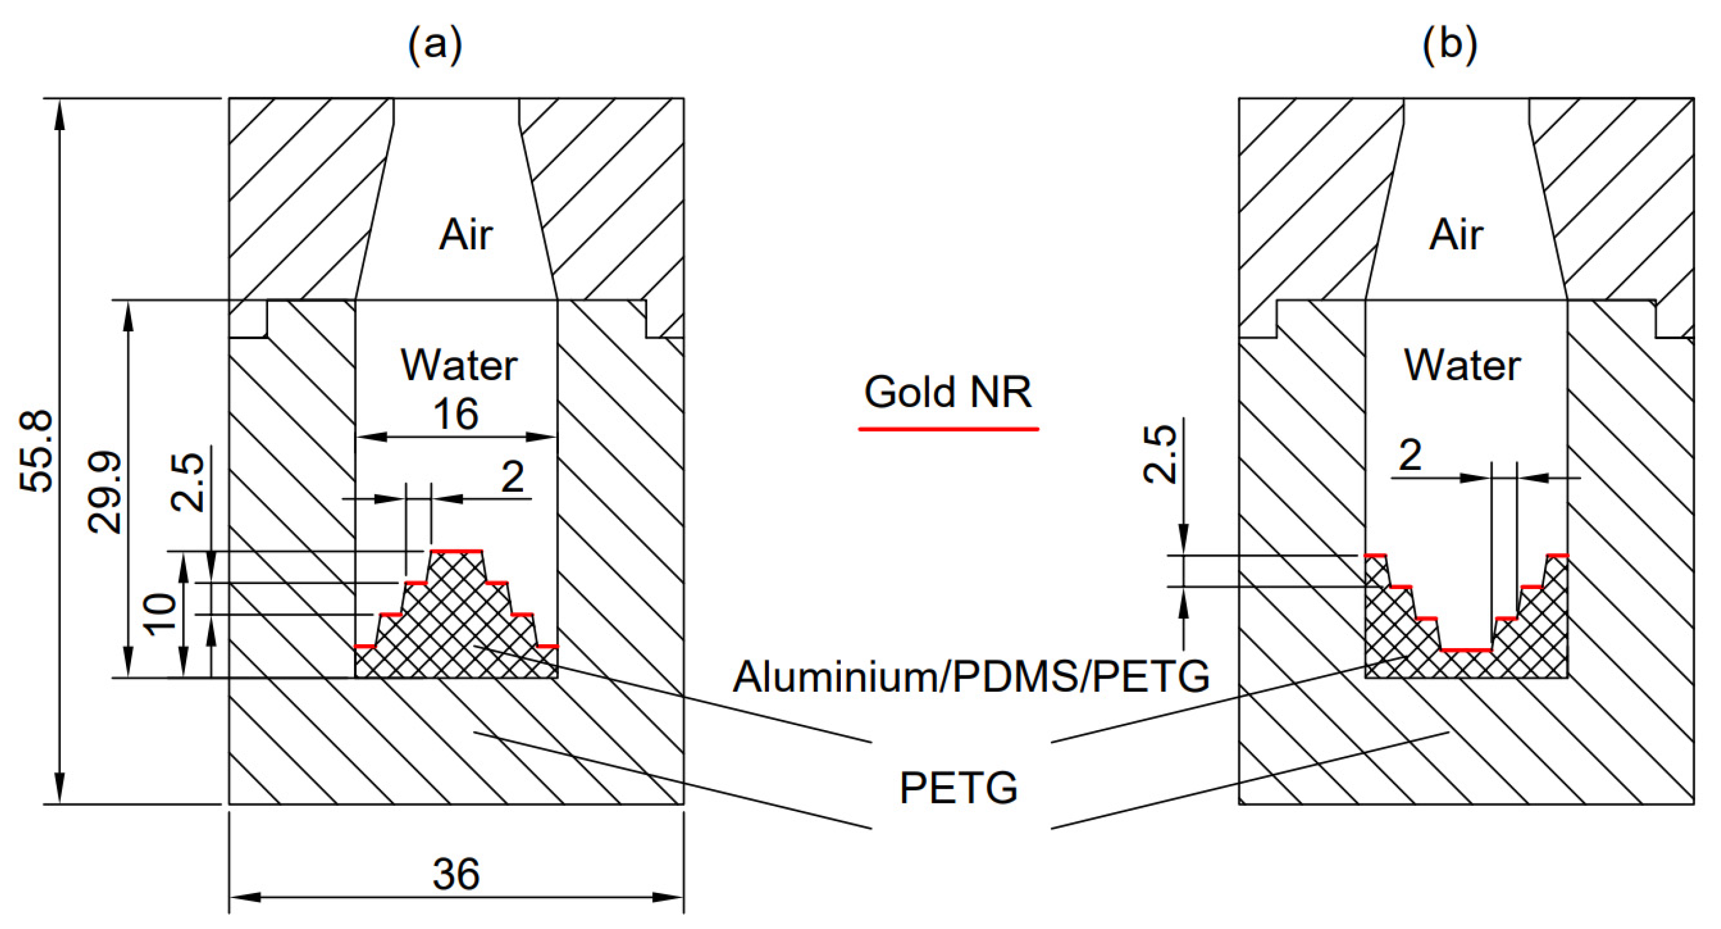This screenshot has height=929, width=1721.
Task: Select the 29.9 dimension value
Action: pyautogui.click(x=105, y=492)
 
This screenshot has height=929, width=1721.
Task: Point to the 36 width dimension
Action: pyautogui.click(x=456, y=873)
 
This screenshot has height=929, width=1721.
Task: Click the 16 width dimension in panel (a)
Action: pyautogui.click(x=456, y=414)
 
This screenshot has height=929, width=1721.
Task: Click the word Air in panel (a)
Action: pyautogui.click(x=466, y=235)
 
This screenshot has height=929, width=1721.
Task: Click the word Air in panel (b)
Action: pyautogui.click(x=1456, y=235)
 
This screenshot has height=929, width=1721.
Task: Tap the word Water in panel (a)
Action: pyautogui.click(x=459, y=366)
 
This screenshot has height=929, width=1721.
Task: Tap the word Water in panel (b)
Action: pyautogui.click(x=1463, y=366)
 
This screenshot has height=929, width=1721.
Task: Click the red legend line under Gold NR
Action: pyautogui.click(x=948, y=429)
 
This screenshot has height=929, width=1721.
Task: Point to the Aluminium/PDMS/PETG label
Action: pyautogui.click(x=971, y=676)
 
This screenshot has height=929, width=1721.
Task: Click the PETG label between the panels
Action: pyautogui.click(x=958, y=788)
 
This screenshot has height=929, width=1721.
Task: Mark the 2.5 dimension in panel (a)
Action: pyautogui.click(x=188, y=482)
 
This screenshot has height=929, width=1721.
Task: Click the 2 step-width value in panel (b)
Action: pyautogui.click(x=1411, y=455)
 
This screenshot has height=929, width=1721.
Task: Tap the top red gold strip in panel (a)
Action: pyautogui.click(x=456, y=551)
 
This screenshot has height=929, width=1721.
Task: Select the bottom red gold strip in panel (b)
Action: pyautogui.click(x=1466, y=650)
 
